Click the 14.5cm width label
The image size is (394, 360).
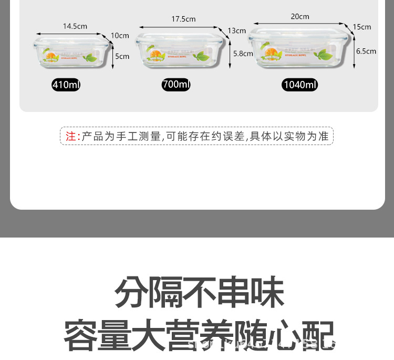click(75, 26)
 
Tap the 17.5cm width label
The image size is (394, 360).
click(183, 19)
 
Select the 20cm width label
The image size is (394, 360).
click(300, 16)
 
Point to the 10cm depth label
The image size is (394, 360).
click(120, 36)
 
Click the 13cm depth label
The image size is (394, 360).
click(237, 30)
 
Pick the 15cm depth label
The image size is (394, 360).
click(362, 27)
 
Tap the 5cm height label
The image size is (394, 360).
click(122, 56)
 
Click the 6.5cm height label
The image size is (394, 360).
click(366, 51)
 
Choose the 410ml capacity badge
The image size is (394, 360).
click(66, 85)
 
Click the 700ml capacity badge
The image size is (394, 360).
click(176, 85)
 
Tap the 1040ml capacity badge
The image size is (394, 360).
click(300, 85)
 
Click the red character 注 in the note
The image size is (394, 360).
click(71, 137)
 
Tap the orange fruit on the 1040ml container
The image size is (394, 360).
click(272, 53)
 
